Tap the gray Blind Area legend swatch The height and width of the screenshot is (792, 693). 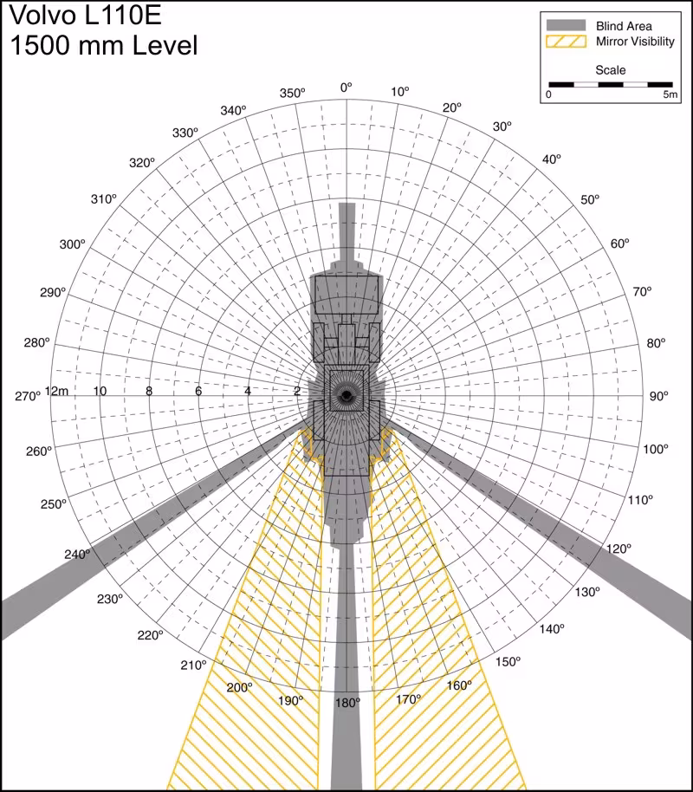coord(564,25)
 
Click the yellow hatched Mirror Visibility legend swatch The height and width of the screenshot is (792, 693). coord(564,42)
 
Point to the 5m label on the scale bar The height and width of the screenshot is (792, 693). coord(670,95)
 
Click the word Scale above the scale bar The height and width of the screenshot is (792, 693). coord(610,70)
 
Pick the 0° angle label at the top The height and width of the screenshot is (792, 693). coord(346,88)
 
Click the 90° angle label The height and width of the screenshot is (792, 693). coord(659,396)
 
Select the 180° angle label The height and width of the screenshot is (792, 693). coord(347,703)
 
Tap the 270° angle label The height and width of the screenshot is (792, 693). coord(28,396)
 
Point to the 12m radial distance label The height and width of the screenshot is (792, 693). coord(57,391)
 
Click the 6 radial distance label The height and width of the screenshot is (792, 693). coord(198,391)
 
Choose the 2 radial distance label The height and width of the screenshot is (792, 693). coord(297,391)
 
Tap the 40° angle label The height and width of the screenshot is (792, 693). coord(552,159)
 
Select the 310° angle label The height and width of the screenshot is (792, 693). coord(102,199)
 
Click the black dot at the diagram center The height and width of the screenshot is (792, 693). coord(346,396)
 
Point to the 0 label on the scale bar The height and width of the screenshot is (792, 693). coord(547,95)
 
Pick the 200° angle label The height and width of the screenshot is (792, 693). coord(239,687)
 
